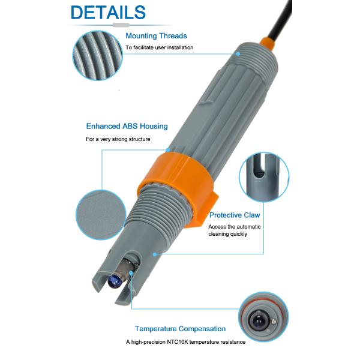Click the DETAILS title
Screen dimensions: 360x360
(x=108, y=12)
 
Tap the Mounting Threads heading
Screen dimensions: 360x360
(x=156, y=36)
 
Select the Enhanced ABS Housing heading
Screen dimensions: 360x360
(x=127, y=126)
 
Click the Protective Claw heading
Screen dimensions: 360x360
(x=235, y=215)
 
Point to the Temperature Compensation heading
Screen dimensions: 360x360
(x=180, y=329)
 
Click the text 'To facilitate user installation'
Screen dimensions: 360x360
(x=160, y=47)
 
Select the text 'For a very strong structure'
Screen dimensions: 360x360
(x=118, y=139)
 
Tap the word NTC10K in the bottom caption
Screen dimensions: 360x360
(x=177, y=342)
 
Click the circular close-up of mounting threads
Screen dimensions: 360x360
(x=98, y=56)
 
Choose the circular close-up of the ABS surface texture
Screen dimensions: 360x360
(x=101, y=215)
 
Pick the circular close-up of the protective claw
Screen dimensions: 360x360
(x=264, y=177)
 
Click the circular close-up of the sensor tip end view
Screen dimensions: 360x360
(x=263, y=317)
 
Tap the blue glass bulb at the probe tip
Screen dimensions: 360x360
(x=115, y=282)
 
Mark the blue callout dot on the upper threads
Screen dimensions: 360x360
(x=238, y=54)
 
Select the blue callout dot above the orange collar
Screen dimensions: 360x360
(x=168, y=150)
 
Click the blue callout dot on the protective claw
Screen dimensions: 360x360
(x=155, y=254)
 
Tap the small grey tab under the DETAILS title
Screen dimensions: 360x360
(x=121, y=25)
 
